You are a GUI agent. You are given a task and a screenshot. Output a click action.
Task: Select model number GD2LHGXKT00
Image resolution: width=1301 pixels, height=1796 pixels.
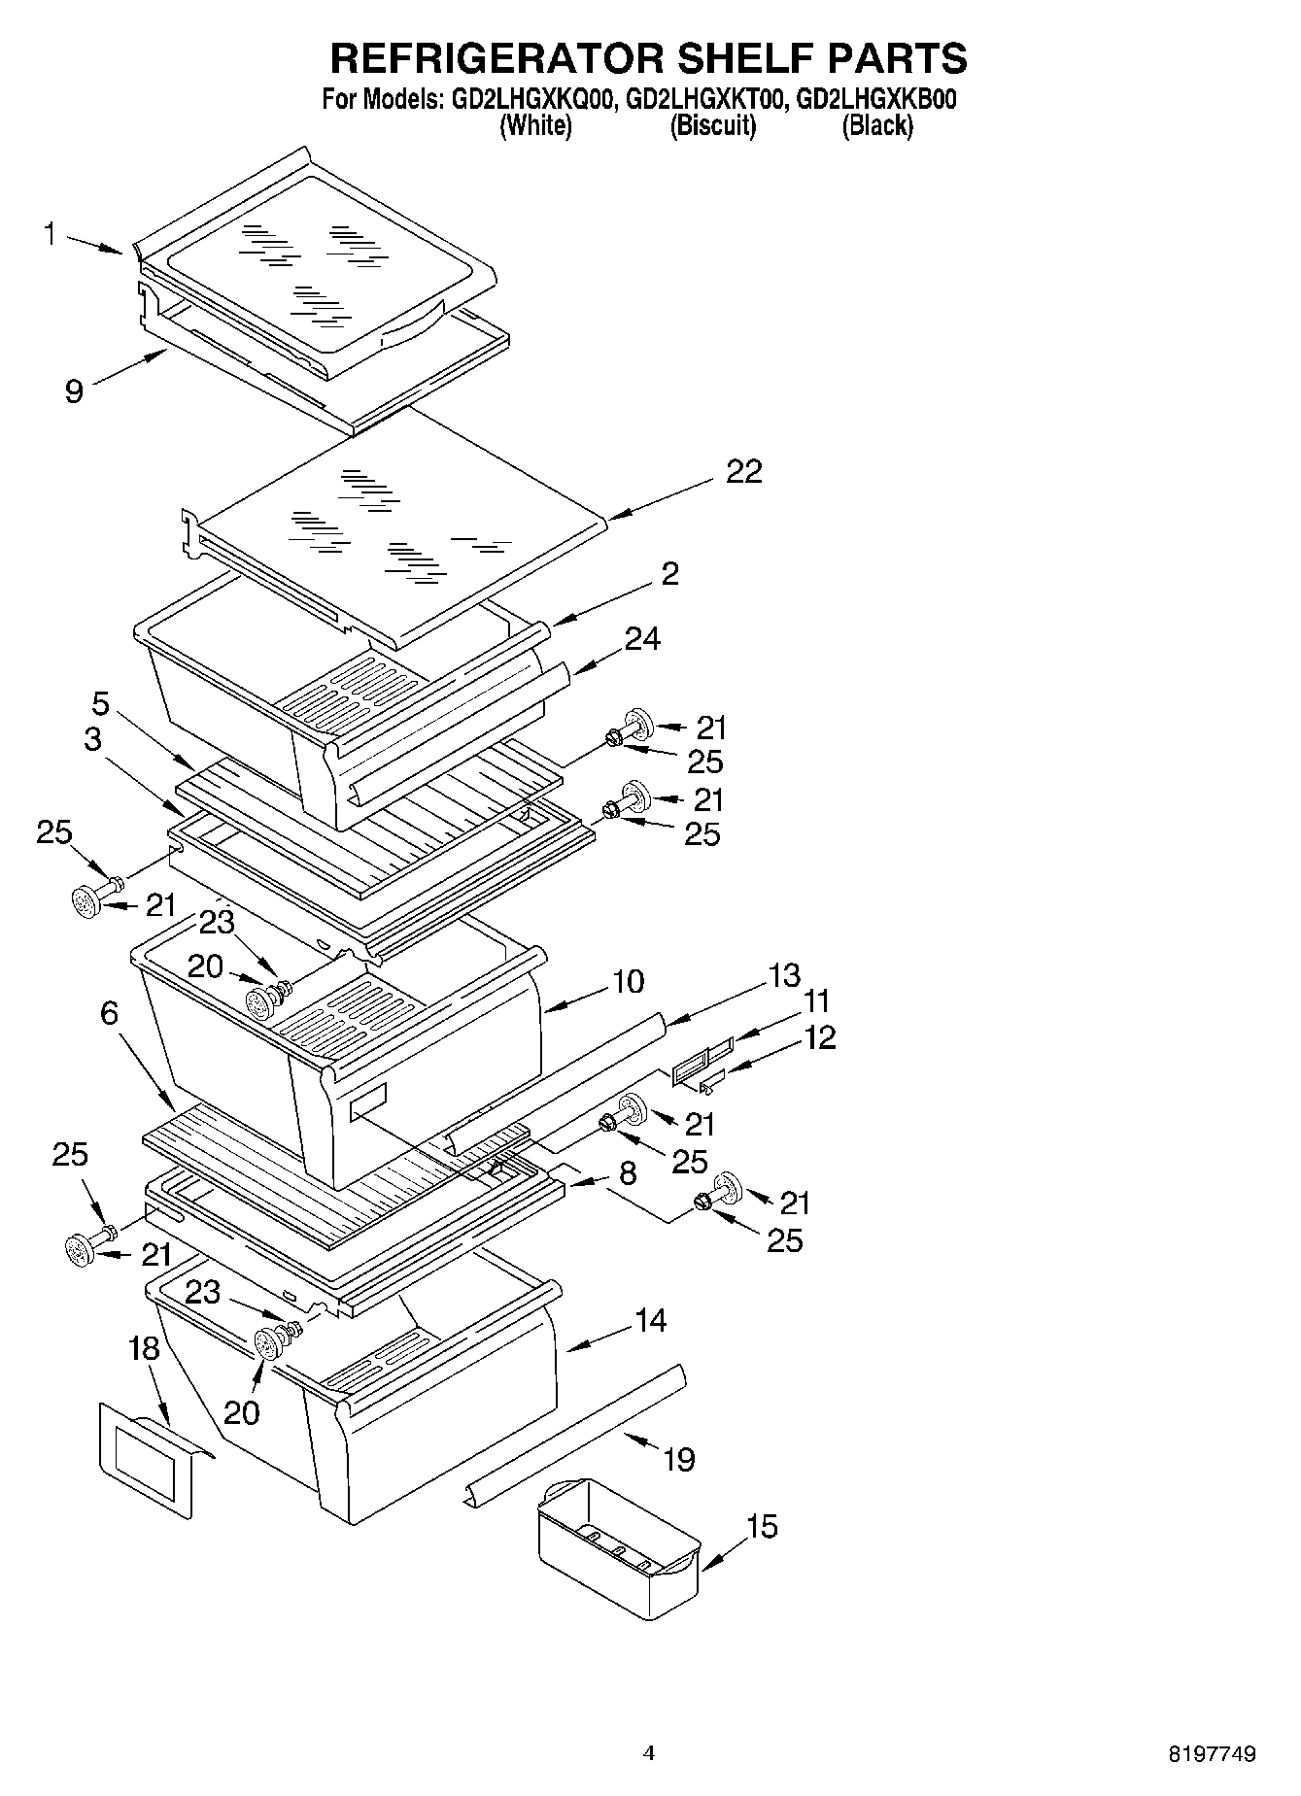pos(706,100)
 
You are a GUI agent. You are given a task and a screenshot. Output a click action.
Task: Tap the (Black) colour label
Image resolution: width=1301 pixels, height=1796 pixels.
pos(877,125)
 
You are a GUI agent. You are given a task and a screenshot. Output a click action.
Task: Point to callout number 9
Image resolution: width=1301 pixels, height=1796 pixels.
pos(75,391)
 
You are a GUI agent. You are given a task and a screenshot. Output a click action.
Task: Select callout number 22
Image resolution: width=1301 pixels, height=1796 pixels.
pos(743,472)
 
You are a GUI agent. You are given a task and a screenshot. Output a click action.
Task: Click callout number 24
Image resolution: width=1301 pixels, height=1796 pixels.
pos(642,639)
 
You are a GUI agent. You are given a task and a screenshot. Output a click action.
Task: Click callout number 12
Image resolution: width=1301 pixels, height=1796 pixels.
pos(820,1037)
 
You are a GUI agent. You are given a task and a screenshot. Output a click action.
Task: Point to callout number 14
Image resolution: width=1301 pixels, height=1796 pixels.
pos(651,1320)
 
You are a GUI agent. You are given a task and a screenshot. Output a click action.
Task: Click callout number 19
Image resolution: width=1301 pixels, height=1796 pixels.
pos(678,1459)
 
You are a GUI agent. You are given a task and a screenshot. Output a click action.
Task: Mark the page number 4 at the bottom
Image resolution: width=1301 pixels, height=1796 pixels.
pos(649,1752)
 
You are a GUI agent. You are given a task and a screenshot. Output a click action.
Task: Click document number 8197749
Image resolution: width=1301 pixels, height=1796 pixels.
pos(1212,1754)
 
